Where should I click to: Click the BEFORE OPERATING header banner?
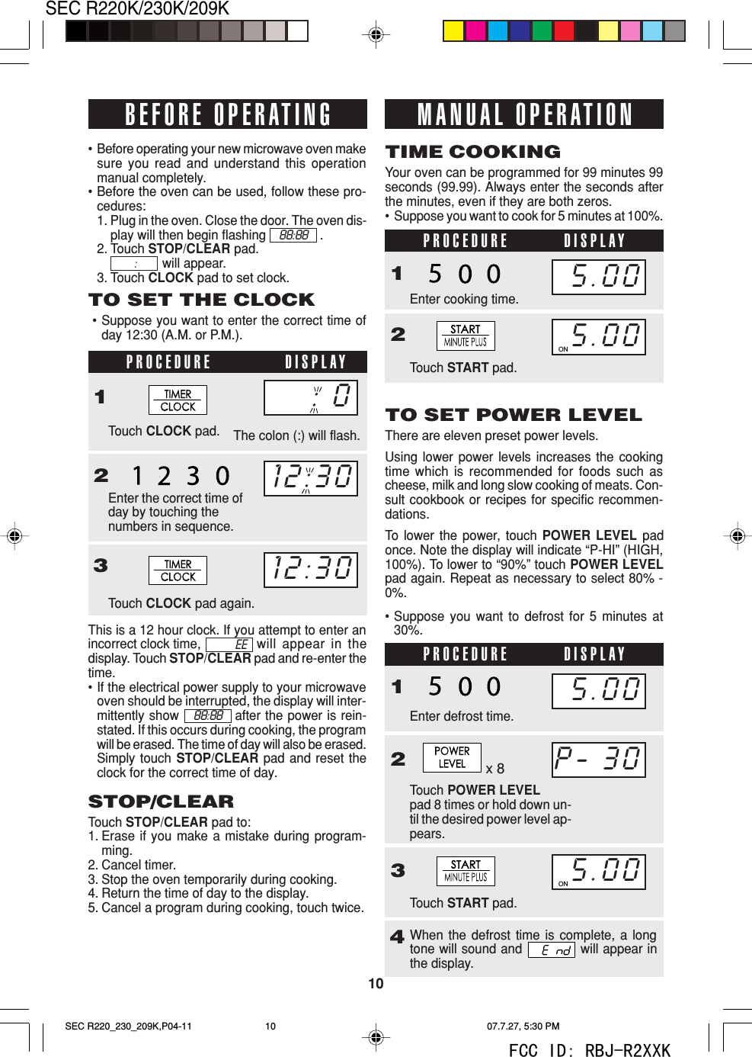(x=227, y=114)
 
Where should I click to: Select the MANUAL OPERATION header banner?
(x=524, y=114)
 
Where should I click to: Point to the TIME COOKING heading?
(x=473, y=152)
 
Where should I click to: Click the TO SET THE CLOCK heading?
(x=202, y=300)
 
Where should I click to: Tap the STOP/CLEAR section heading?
(x=162, y=802)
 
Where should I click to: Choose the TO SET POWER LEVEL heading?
(x=514, y=415)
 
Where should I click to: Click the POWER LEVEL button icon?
(x=452, y=757)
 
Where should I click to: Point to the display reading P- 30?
(x=598, y=760)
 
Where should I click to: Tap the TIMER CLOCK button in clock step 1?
(x=178, y=400)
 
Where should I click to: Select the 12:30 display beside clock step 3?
(x=311, y=570)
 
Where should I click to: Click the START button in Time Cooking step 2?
(x=466, y=336)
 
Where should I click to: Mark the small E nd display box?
(x=552, y=950)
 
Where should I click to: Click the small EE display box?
(x=230, y=644)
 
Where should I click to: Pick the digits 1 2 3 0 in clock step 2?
(x=181, y=477)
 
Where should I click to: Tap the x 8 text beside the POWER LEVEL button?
(x=495, y=769)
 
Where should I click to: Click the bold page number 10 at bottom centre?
(x=376, y=984)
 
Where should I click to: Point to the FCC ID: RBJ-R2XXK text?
(x=589, y=1050)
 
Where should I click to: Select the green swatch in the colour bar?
(x=542, y=31)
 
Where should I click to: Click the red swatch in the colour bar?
(x=564, y=31)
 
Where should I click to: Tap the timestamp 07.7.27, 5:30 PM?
(x=523, y=1026)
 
